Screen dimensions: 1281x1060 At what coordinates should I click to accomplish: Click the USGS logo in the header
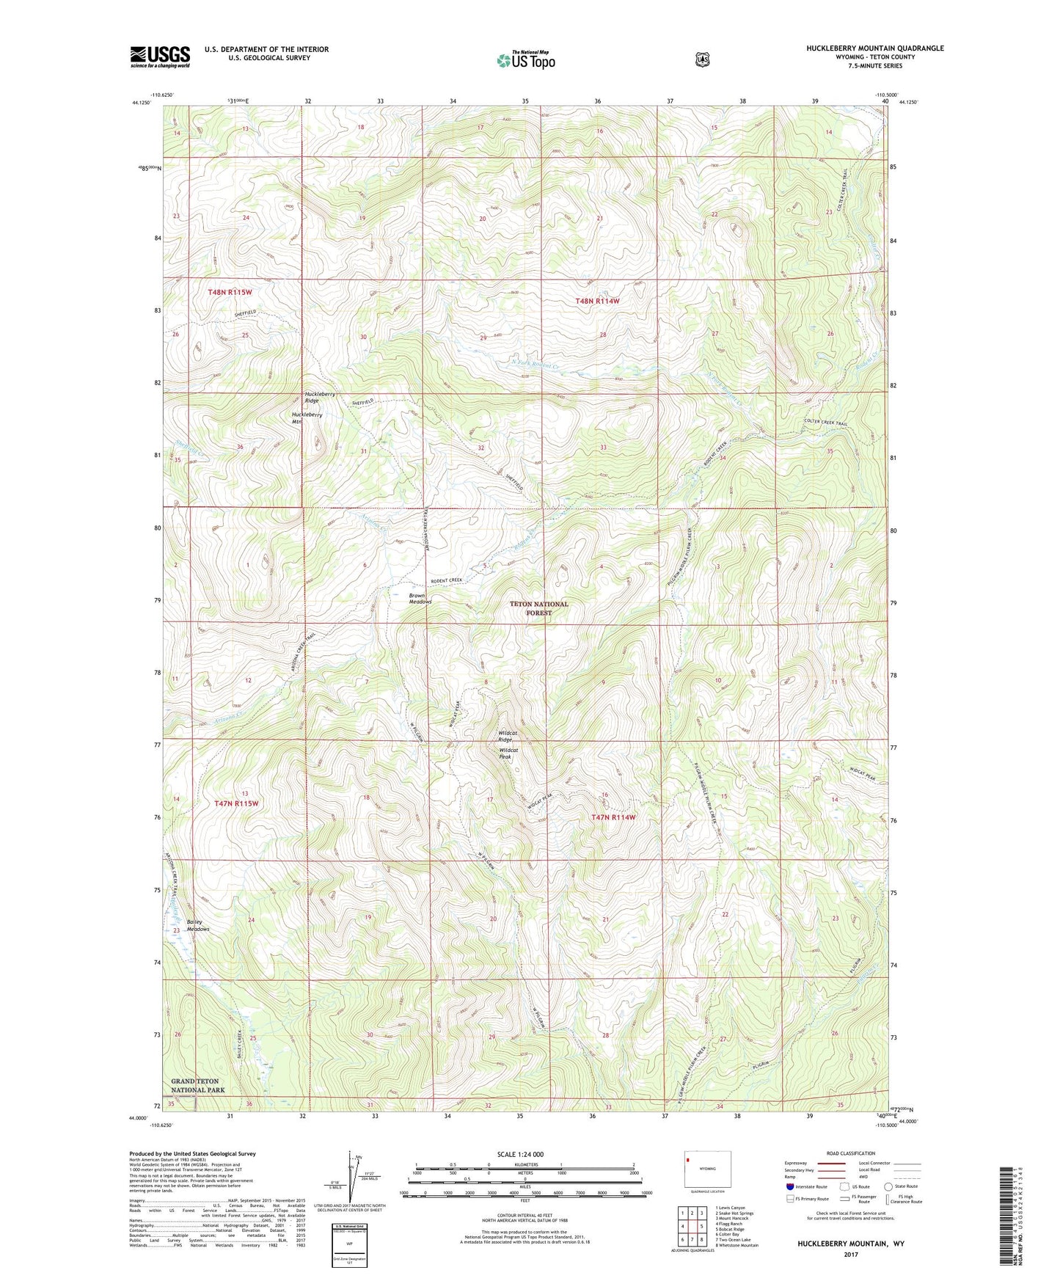coord(160,56)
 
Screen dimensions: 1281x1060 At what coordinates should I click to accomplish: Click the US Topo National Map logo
coord(524,60)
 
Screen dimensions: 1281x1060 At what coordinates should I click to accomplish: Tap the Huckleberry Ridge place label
coord(320,398)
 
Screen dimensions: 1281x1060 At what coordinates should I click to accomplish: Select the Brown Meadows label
coord(420,599)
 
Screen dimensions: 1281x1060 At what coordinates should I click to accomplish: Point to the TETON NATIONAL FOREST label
coord(539,608)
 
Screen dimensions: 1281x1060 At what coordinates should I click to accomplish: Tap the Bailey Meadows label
coord(197,925)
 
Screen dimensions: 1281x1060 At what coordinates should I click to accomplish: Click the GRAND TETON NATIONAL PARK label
coord(198,1086)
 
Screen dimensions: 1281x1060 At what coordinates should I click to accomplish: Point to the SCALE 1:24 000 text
coord(520,1154)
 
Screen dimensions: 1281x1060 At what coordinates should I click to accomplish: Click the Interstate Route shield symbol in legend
coord(789,1186)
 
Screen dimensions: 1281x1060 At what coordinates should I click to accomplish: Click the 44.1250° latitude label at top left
coord(141,103)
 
